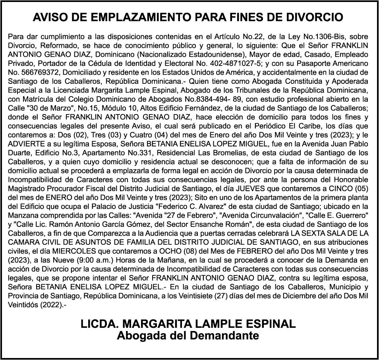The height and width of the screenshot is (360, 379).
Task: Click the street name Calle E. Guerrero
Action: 335,215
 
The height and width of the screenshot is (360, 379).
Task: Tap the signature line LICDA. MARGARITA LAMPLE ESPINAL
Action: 188,324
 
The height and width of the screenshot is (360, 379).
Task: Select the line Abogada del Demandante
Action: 188,336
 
